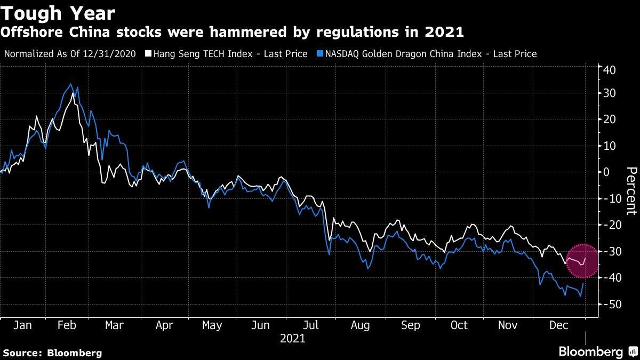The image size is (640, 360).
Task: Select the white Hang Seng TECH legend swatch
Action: click(149, 54)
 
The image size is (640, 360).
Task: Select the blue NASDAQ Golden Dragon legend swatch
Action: click(319, 54)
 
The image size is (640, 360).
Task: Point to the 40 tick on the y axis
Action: click(610, 70)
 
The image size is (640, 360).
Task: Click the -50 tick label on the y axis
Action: click(608, 304)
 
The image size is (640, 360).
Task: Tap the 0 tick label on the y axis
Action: click(606, 172)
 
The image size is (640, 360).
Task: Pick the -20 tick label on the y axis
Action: click(608, 225)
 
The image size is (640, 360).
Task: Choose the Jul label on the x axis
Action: click(311, 325)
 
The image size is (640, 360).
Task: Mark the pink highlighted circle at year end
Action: click(582, 261)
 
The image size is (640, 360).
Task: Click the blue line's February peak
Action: click(70, 84)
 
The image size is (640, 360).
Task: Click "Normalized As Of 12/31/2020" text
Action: click(70, 54)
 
